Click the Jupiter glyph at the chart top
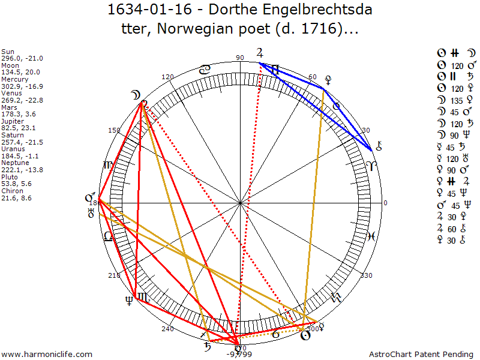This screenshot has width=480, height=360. [x=259, y=52]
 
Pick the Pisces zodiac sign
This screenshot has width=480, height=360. [x=372, y=236]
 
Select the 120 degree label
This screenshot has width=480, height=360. [x=167, y=77]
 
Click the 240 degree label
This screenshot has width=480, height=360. [x=167, y=329]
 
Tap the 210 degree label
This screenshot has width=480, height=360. [x=113, y=275]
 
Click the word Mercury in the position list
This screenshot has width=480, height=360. [x=13, y=79]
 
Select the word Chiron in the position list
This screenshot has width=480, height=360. [x=11, y=191]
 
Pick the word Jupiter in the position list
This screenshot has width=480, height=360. [x=12, y=121]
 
